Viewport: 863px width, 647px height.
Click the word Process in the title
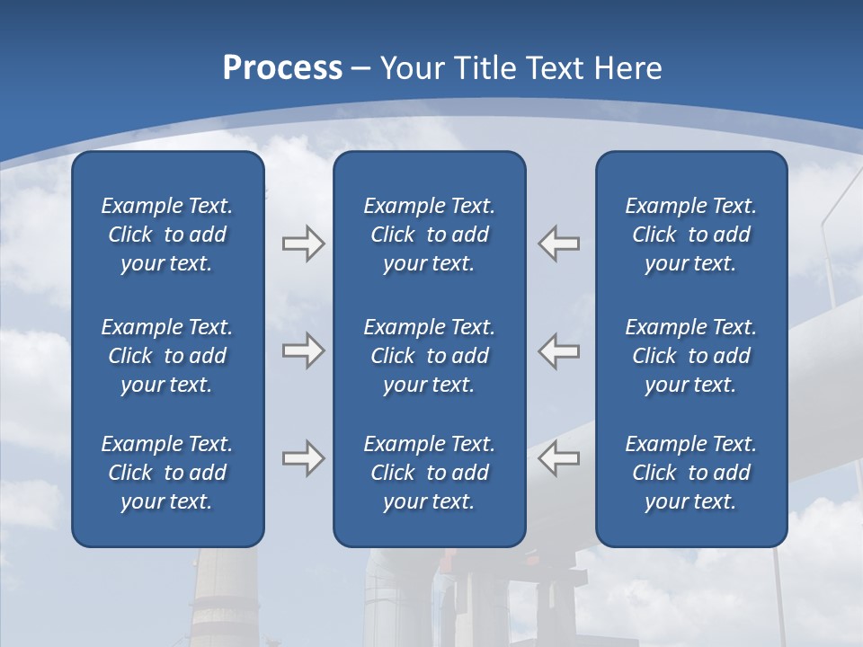point(282,68)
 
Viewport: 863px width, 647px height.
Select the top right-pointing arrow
point(303,244)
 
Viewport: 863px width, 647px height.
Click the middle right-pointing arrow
point(303,350)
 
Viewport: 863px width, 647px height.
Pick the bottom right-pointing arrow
point(303,458)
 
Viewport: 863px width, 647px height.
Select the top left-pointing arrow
point(559,244)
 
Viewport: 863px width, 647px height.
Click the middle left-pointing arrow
point(559,350)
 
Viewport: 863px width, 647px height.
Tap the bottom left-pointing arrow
point(559,458)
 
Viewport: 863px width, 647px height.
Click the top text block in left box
point(167,235)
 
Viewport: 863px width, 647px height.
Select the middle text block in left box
point(167,356)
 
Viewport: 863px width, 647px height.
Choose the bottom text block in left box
point(167,473)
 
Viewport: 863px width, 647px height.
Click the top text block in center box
point(429,235)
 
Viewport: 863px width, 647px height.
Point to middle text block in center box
point(429,356)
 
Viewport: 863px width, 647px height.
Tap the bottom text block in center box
point(429,473)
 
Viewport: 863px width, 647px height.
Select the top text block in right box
point(690,235)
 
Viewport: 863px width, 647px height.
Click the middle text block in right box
point(690,356)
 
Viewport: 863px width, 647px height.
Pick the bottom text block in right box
point(690,473)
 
